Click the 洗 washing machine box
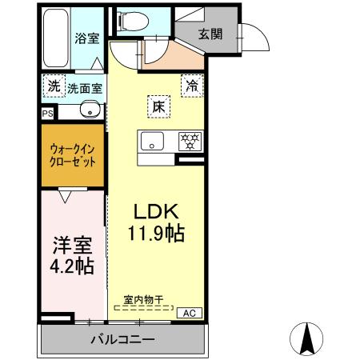(53, 84)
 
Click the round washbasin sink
(90, 110)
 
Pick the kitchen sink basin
(153, 142)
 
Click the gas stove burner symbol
(190, 141)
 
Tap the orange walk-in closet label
(73, 154)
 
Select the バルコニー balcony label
(121, 339)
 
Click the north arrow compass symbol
(306, 338)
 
